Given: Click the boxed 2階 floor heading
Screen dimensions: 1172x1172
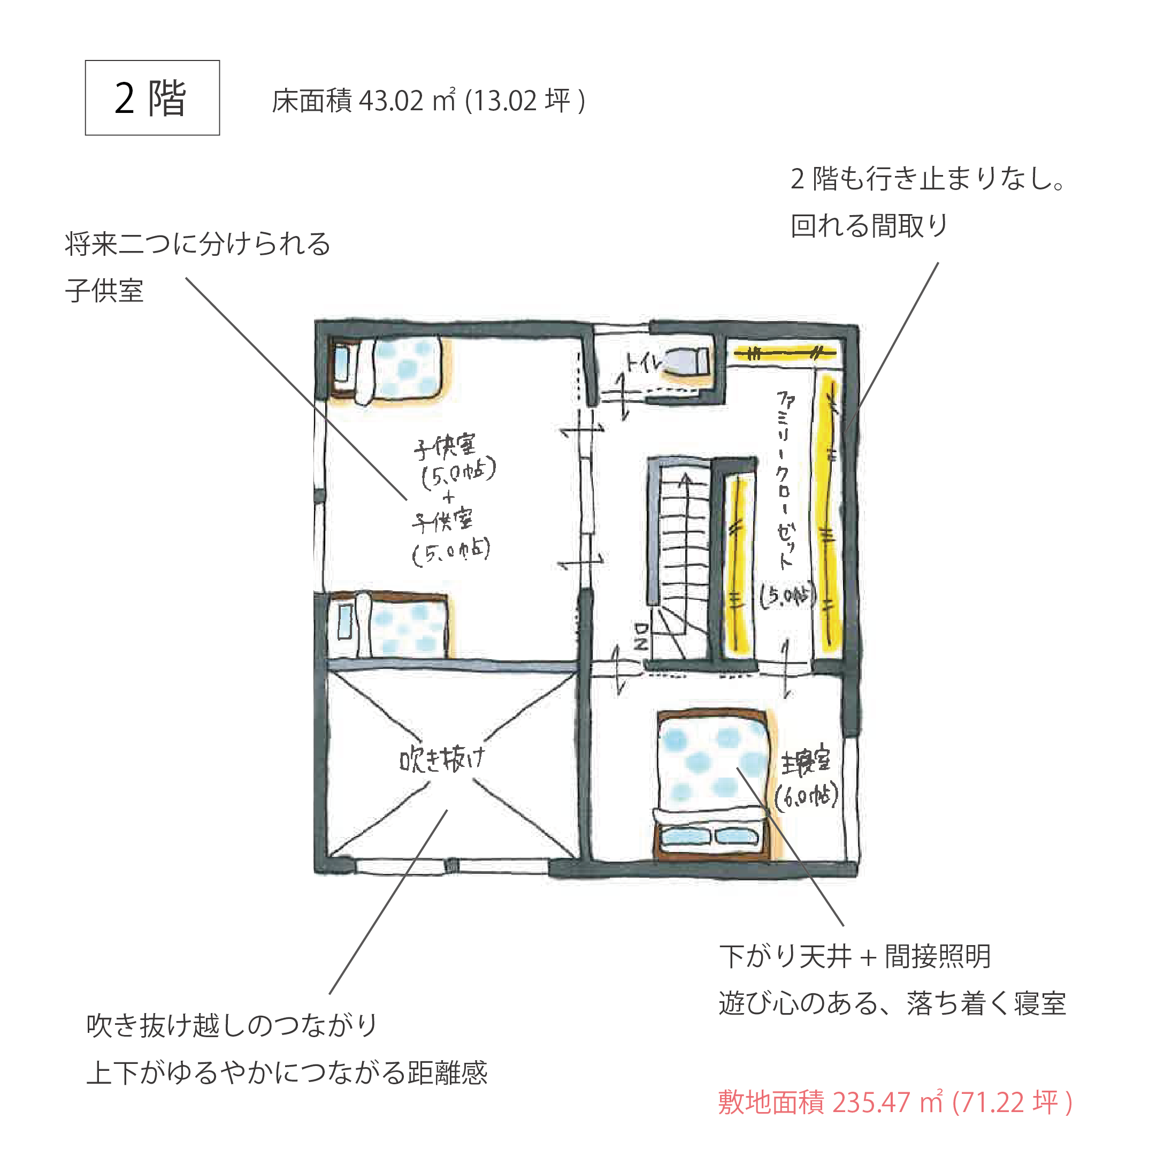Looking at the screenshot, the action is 152,98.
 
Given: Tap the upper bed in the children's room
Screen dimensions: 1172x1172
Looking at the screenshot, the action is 389,370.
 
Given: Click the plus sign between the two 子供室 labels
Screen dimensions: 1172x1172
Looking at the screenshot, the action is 448,498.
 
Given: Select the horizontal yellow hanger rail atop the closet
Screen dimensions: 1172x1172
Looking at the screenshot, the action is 785,353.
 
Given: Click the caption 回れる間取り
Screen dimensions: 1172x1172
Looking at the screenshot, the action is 869,226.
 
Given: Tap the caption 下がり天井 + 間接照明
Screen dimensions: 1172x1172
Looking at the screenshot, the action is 855,956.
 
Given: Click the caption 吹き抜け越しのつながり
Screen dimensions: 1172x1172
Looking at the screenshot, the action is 232,1026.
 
